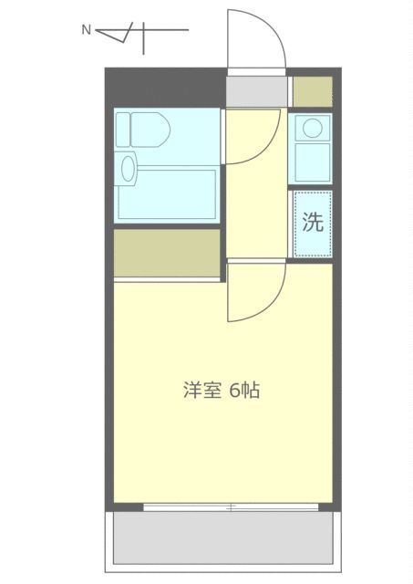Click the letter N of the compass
pos(87,30)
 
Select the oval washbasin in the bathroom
pos(129,168)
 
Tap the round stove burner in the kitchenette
pos(312,127)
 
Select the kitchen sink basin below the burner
pos(312,162)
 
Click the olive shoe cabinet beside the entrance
pos(312,89)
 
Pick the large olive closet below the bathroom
pos(168,254)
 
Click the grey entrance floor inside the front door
pos(256,89)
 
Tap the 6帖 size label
pos(243,391)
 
